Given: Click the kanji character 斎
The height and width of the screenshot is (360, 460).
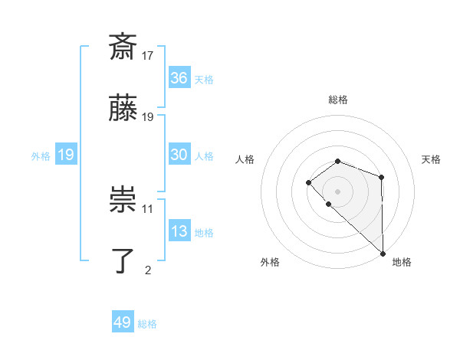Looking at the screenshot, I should [x=123, y=47].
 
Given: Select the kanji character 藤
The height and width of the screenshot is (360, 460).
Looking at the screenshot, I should [x=123, y=110].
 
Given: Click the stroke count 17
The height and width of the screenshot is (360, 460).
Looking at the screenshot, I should [x=148, y=55].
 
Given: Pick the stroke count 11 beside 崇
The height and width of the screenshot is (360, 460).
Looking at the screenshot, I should [x=148, y=208].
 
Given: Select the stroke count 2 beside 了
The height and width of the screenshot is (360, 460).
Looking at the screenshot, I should [x=148, y=270].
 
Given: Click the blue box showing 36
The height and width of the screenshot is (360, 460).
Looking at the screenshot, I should [x=179, y=78].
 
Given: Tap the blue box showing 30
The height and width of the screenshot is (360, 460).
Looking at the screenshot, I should [x=179, y=155].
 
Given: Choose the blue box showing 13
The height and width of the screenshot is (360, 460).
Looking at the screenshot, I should [x=179, y=231].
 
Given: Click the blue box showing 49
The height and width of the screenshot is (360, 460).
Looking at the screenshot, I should [x=123, y=322].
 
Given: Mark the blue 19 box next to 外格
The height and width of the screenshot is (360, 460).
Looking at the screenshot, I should [x=66, y=155].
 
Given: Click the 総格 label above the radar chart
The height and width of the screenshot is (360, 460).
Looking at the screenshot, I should [x=338, y=100].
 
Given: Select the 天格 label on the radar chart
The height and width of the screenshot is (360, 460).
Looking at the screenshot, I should [x=431, y=159].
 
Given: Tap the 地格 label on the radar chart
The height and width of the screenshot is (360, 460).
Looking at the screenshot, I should [x=402, y=262].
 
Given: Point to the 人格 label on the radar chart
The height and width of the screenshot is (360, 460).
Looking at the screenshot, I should [x=245, y=159].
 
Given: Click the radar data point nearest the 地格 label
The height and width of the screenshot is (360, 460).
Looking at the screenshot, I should [x=383, y=253].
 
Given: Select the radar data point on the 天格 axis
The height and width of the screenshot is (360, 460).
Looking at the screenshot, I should [x=381, y=178].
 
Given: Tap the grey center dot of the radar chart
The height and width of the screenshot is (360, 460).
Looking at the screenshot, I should [x=338, y=191].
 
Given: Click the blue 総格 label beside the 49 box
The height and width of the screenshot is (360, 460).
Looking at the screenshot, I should [x=148, y=324].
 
